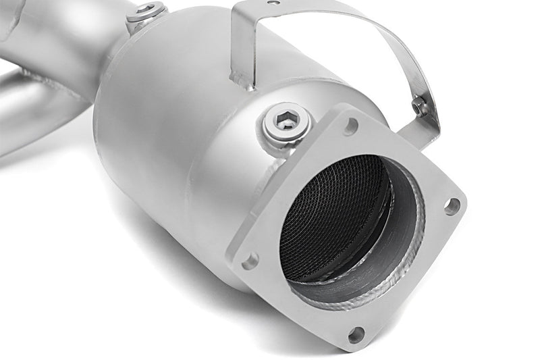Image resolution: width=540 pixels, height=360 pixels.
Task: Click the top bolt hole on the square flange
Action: [351, 125]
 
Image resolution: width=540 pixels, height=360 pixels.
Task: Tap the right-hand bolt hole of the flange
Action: [452, 205]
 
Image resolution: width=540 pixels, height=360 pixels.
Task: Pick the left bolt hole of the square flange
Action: [250, 259]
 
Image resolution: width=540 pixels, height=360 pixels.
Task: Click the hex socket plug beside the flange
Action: [287, 123]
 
